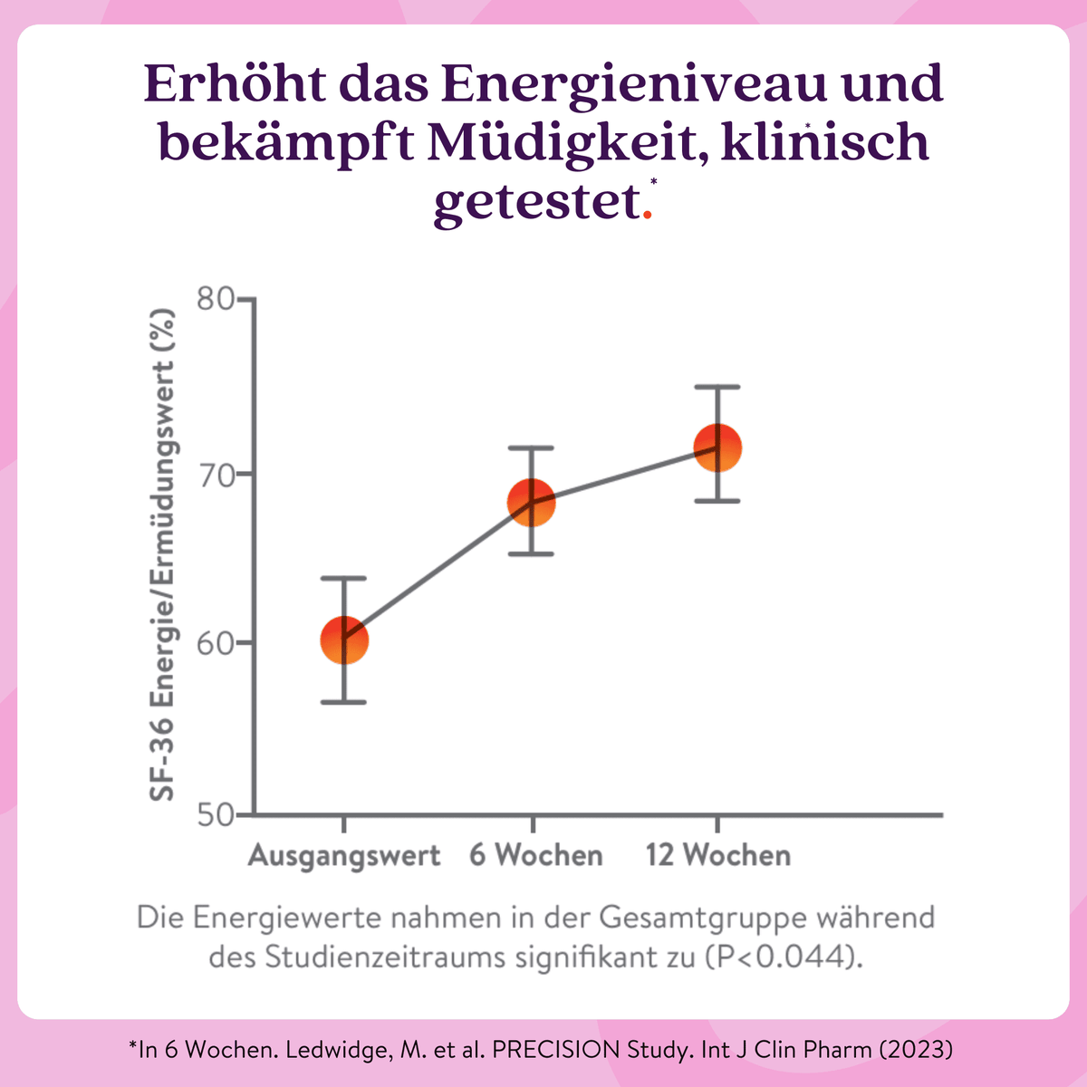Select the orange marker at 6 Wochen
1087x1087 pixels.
click(x=531, y=502)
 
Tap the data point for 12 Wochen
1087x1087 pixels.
click(x=717, y=447)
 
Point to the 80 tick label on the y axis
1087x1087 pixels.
click(x=216, y=300)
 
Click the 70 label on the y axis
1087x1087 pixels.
click(x=216, y=474)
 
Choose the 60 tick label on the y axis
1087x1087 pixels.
click(x=216, y=642)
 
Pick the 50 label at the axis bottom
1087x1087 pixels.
click(x=216, y=815)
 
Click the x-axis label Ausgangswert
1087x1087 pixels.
click(x=344, y=855)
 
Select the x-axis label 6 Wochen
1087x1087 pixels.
click(x=535, y=855)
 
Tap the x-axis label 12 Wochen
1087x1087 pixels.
click(x=717, y=855)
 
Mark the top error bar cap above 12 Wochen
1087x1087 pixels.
click(x=717, y=387)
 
